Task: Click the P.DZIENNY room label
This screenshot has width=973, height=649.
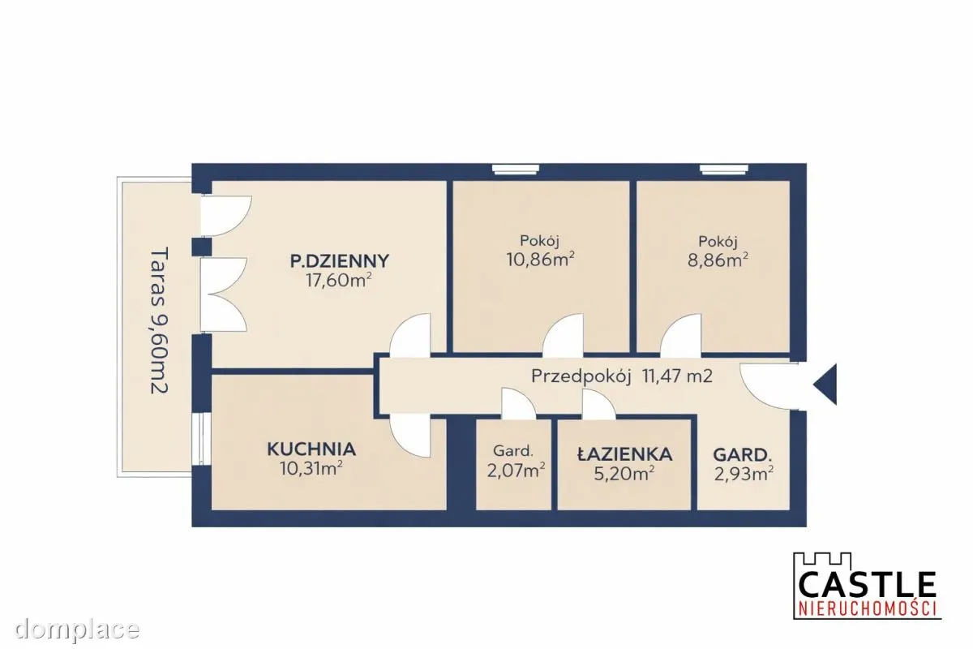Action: [x=340, y=261]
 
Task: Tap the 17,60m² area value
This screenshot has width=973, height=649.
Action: [x=339, y=281]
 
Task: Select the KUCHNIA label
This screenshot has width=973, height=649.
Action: [x=311, y=449]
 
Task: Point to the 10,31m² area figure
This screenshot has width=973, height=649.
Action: [x=311, y=469]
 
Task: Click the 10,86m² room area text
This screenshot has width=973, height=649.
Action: [x=540, y=260]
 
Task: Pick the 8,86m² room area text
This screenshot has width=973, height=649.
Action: [x=718, y=260]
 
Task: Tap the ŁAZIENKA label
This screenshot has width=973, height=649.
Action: [x=624, y=454]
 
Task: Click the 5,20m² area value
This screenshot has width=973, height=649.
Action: [x=624, y=474]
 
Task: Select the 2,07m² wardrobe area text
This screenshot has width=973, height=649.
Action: [x=516, y=471]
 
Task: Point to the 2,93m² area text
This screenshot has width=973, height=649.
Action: [x=744, y=474]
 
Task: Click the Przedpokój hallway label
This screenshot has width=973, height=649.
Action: [x=581, y=376]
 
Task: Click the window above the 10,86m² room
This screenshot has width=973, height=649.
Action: [x=516, y=169]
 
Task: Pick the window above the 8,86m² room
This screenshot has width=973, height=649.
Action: [x=723, y=169]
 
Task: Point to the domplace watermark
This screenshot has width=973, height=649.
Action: [x=77, y=630]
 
